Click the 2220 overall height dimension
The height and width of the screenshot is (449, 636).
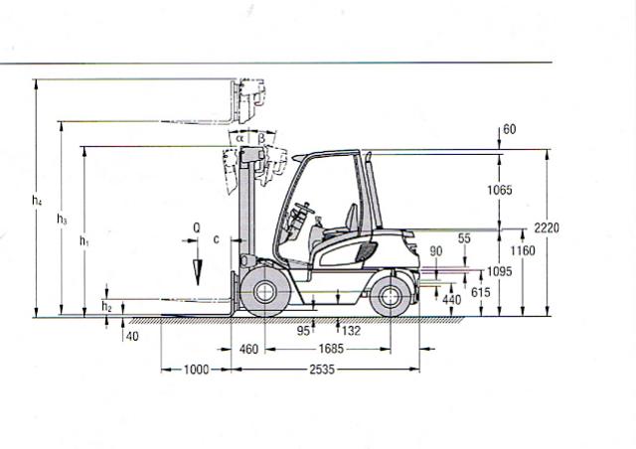[x=547, y=227]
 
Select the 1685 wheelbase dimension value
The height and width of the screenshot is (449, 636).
[x=331, y=349]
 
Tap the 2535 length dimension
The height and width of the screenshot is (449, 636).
[x=322, y=370]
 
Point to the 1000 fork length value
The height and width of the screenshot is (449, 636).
[x=197, y=370]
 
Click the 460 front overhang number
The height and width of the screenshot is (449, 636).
[x=248, y=349]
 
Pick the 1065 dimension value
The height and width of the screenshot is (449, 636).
[x=500, y=190]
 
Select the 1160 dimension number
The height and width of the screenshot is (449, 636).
[x=523, y=251]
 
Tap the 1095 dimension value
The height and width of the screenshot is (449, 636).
[x=499, y=271]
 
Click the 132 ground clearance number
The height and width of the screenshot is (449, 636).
[x=351, y=331]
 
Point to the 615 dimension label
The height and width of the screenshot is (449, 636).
[x=481, y=292]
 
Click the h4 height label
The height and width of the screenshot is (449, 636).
[x=37, y=201]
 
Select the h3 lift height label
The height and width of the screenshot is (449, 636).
[x=62, y=220]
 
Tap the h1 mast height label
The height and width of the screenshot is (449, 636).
[x=83, y=241]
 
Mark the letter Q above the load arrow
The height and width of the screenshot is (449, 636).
[x=197, y=228]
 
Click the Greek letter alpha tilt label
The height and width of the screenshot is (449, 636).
[x=240, y=138]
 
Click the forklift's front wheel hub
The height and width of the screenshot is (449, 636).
[x=264, y=291]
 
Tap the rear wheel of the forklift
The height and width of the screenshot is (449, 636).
[x=391, y=296]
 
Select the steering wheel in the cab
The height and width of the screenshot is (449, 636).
[x=305, y=208]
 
